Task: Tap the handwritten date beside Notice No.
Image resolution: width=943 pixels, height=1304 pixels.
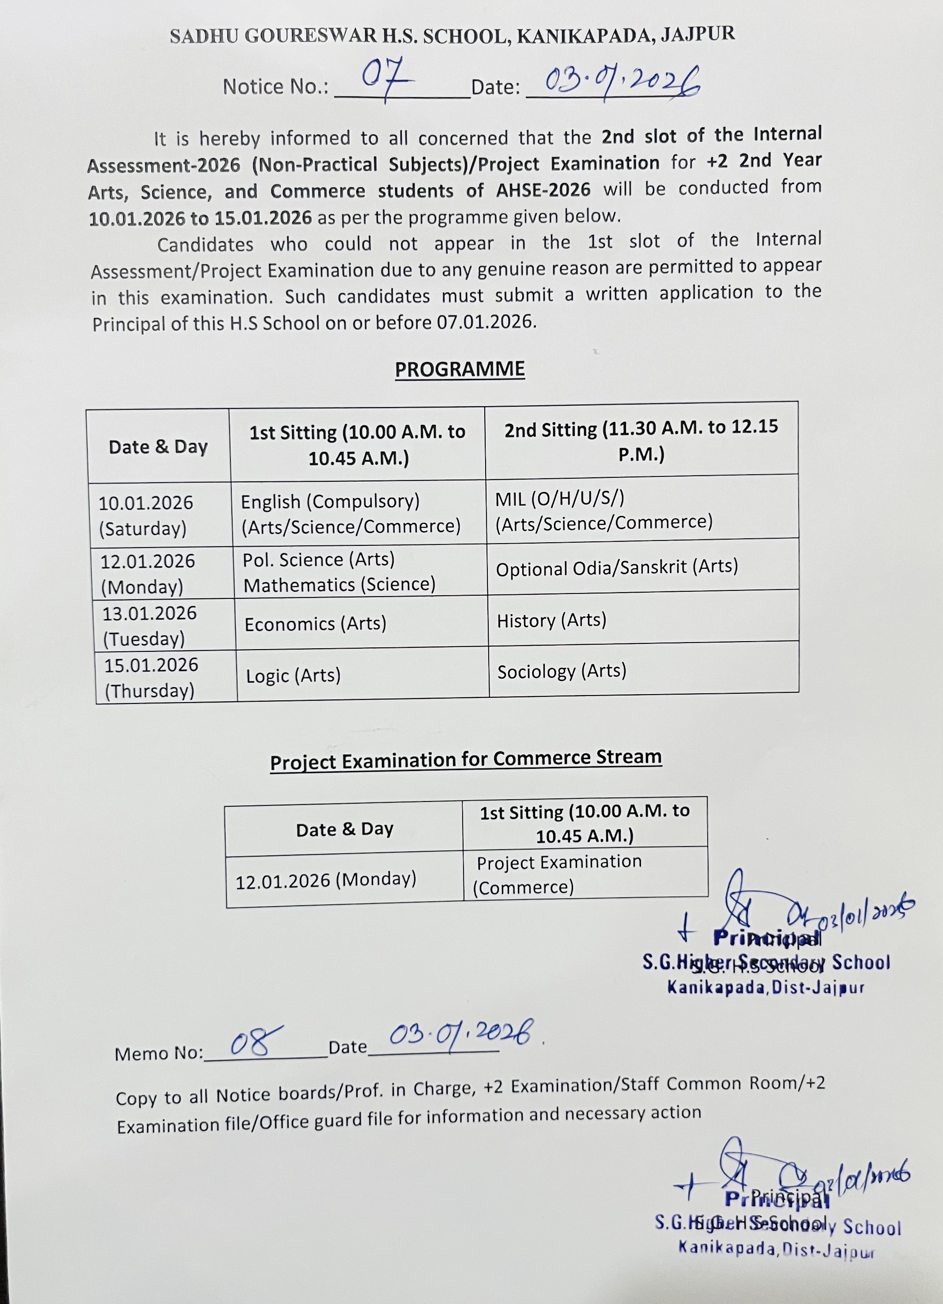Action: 622,83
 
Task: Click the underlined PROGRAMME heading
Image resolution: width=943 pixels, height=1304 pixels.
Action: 460,369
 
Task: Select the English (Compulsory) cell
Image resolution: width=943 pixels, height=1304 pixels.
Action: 351,514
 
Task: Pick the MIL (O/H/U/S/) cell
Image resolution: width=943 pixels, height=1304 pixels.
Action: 604,510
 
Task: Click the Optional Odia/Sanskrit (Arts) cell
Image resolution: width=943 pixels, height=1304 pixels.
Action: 617,567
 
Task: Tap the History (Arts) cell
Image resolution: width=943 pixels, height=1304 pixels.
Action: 552,620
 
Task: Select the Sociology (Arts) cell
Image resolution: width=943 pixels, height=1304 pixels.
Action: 562,671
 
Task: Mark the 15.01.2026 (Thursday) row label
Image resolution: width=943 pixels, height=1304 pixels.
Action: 151,677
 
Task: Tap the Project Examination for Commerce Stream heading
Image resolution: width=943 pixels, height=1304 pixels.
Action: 465,760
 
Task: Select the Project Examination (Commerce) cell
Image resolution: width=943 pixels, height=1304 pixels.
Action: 558,874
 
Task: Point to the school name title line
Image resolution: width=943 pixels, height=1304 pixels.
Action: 452,36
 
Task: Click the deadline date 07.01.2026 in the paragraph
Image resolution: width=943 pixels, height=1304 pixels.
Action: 486,322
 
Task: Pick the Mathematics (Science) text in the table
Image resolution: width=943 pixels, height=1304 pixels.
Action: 339,585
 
